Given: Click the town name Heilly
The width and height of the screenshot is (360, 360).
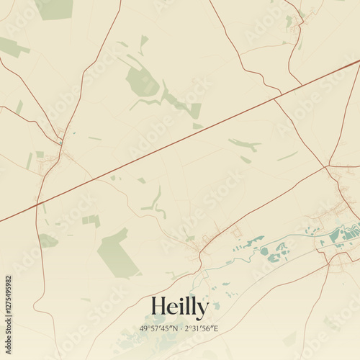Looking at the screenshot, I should coord(180,307).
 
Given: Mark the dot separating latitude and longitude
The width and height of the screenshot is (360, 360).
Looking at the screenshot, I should coord(180,329).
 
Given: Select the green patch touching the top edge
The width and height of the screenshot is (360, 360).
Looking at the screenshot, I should coord(55,9).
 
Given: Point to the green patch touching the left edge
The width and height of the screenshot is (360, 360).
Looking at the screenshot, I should coord(10,48).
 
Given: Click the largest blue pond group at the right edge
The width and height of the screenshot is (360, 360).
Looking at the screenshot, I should coord(343,235).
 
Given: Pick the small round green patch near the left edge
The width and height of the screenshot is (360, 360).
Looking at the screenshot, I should coord(48,240).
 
